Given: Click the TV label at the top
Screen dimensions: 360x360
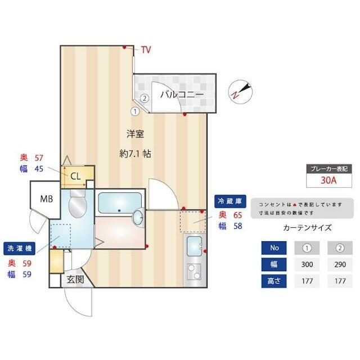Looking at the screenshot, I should tap(146, 50).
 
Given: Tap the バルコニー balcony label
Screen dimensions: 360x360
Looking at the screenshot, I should tap(182, 94).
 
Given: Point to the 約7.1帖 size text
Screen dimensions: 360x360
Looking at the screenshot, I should tap(135, 153).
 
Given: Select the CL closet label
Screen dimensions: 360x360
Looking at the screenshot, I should tap(76, 175).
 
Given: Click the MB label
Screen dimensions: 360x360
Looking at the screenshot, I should tap(46, 198).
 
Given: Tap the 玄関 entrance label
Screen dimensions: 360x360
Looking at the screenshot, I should tap(75, 279).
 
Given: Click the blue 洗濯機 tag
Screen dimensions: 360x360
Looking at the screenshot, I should tap(19, 248).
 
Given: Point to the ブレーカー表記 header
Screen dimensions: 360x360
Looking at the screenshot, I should tap(328, 168).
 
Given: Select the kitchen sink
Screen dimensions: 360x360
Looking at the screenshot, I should tap(195, 246).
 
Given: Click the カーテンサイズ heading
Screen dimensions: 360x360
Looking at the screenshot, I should tap(307, 228).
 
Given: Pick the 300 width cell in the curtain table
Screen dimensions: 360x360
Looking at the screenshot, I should tap(307, 264).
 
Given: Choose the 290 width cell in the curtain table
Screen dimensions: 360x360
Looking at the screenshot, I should tap(340, 264).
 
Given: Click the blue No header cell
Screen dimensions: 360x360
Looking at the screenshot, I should tap(274, 248).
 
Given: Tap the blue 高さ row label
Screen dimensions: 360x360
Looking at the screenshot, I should tap(274, 281).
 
